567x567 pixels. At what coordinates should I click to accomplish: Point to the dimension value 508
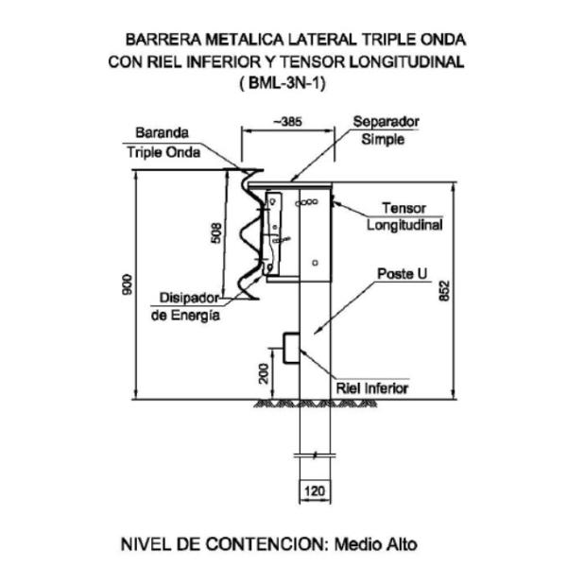point(216,232)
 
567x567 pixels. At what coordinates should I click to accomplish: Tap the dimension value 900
point(129,284)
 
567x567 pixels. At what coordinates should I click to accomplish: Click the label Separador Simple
point(386,130)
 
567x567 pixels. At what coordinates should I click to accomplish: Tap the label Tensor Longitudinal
point(404,215)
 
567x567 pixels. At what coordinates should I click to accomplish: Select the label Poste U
point(402,273)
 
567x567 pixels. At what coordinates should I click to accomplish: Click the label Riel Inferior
point(372,387)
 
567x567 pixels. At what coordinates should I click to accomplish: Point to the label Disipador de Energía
point(186,307)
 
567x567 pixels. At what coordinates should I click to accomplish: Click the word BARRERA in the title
point(163,41)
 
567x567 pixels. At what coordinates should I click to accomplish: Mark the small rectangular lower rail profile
point(288,347)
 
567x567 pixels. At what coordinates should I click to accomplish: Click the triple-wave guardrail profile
point(248,232)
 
